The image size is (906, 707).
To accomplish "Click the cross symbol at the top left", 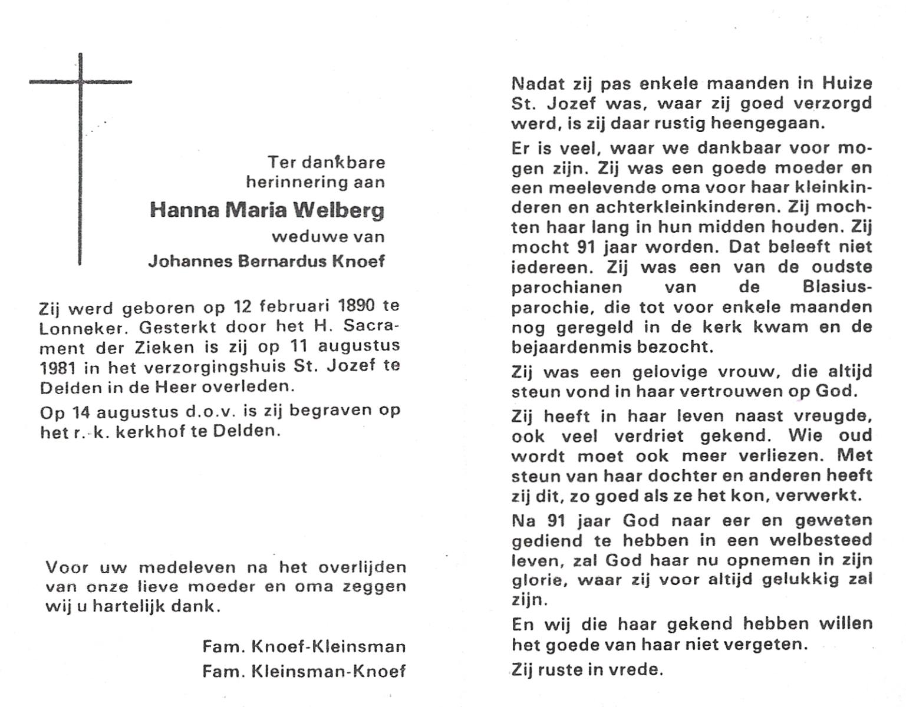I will point(80,82).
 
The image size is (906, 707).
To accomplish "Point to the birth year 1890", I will point(357,306).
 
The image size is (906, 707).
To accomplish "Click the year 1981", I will point(58,366).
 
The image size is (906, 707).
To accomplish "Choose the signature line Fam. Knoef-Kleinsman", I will point(304,646).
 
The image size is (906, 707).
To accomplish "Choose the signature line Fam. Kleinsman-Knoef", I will point(304,671).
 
